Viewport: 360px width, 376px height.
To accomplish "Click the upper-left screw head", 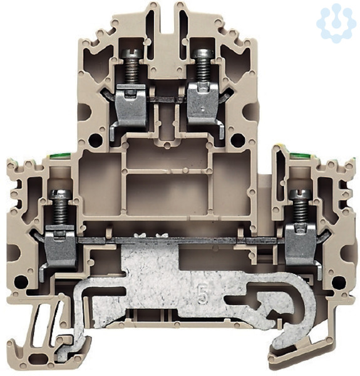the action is [x=131, y=53].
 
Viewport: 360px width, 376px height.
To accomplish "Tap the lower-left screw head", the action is [x=60, y=194].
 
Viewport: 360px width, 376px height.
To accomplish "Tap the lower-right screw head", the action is [x=301, y=194].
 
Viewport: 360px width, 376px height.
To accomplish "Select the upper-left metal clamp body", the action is [x=130, y=105].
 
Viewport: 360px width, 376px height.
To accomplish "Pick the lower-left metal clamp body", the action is [x=61, y=246].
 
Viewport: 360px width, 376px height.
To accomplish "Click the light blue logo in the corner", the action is [x=336, y=23].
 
